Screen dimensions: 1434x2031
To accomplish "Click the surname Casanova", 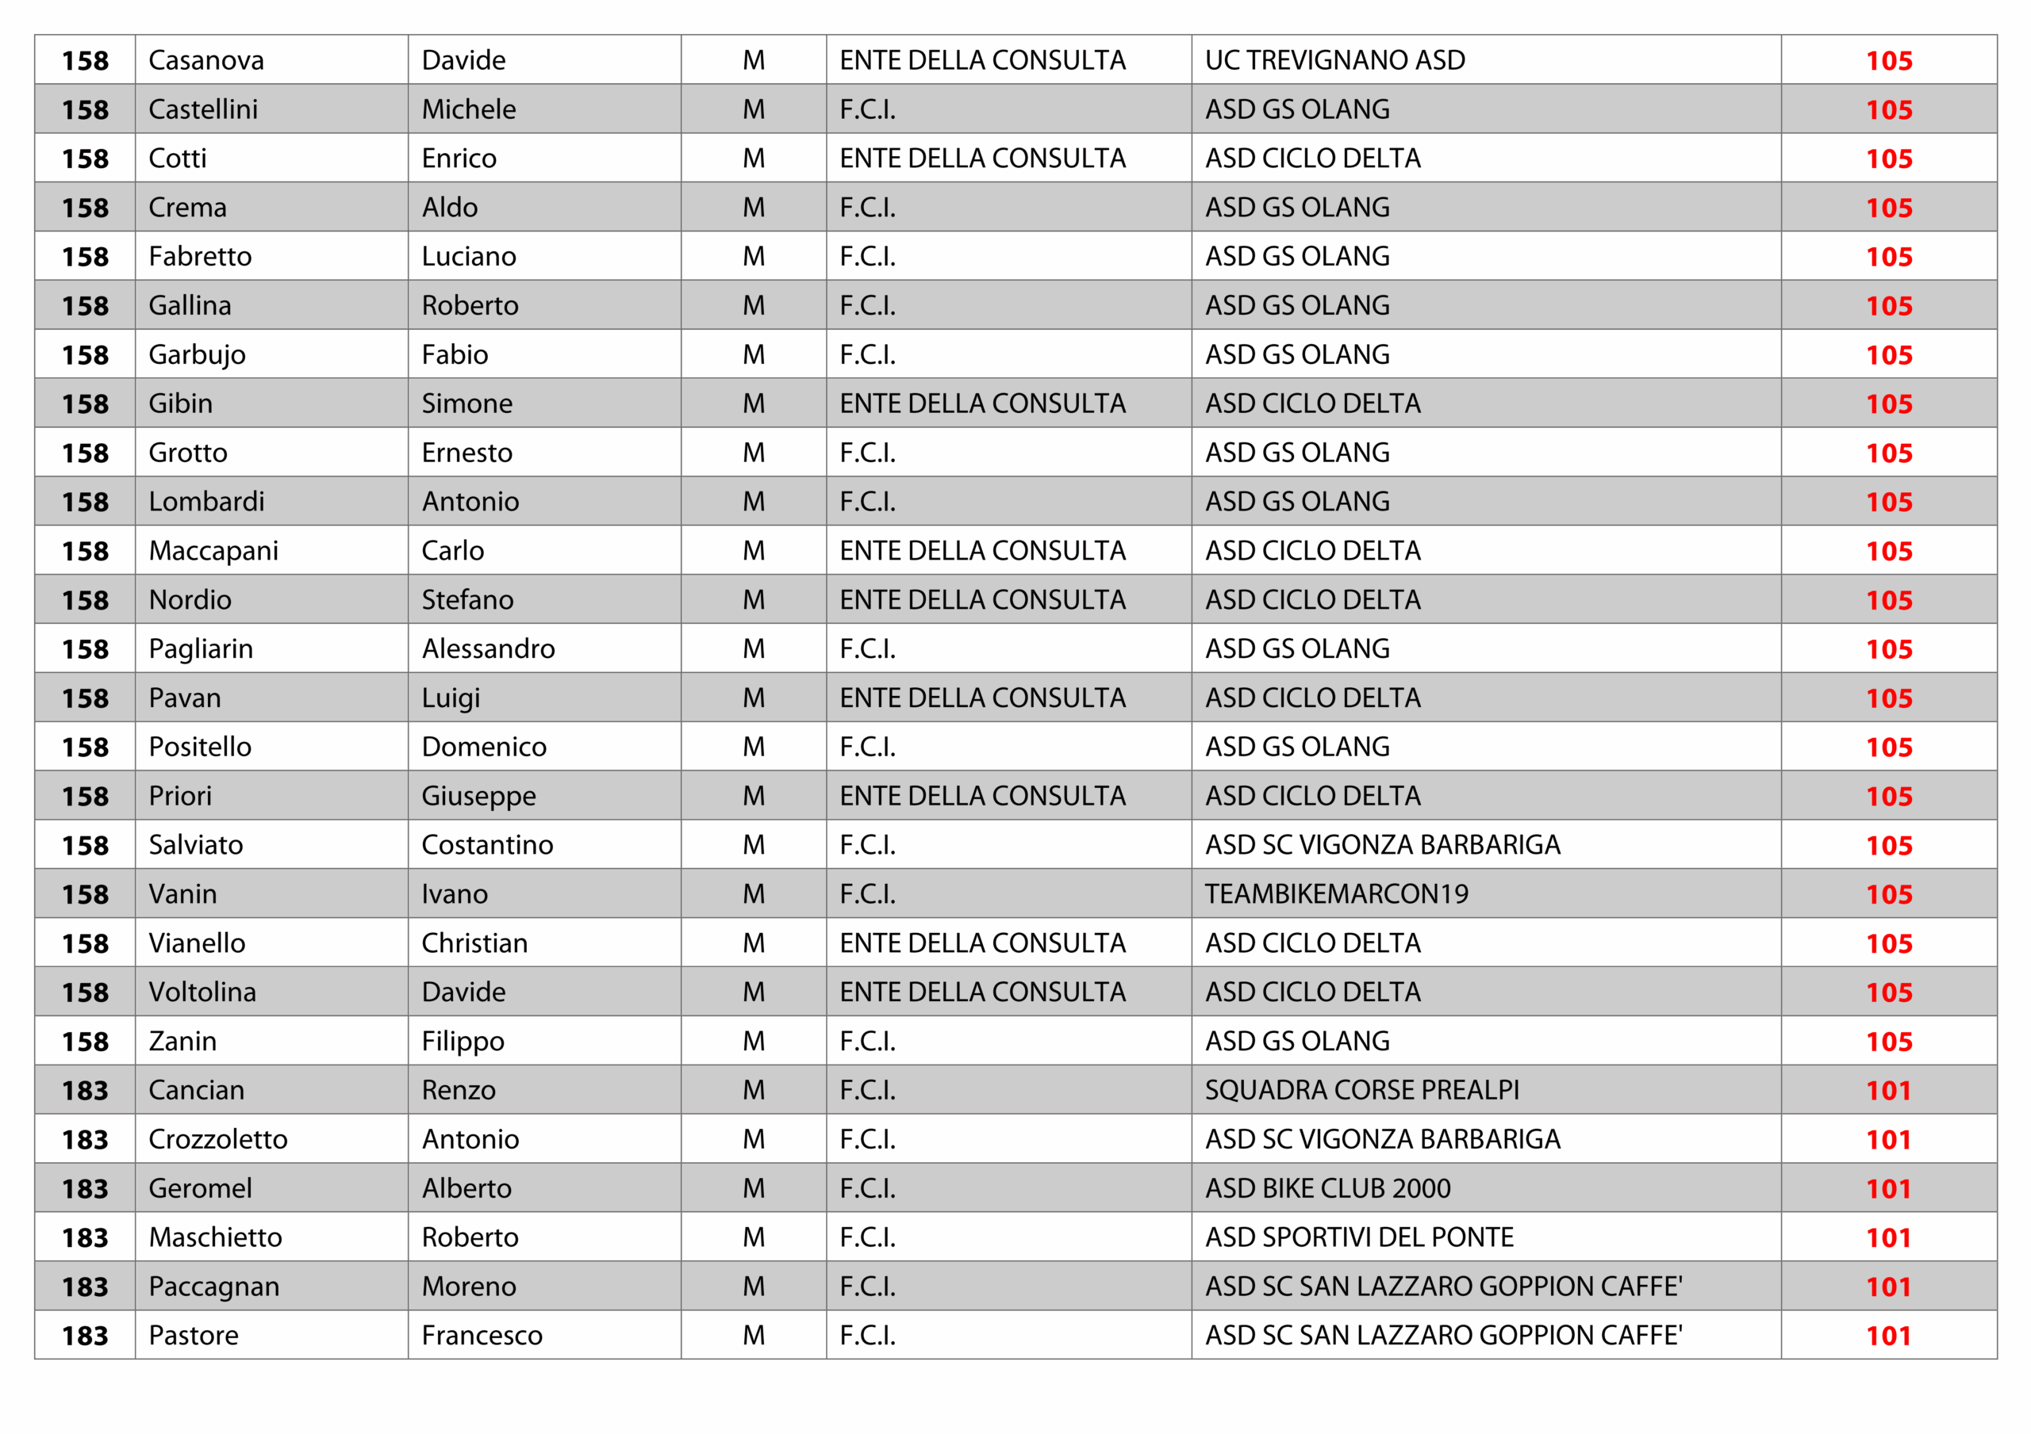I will click(x=206, y=60).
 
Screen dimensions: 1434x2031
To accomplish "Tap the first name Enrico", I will click(x=459, y=159).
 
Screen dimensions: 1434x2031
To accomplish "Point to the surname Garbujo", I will click(x=197, y=354).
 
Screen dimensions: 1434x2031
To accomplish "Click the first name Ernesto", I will click(x=466, y=453).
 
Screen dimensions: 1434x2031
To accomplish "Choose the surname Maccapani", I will click(x=213, y=551).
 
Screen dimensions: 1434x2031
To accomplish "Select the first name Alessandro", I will click(x=487, y=649).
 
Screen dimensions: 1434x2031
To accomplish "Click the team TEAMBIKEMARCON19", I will click(x=1336, y=894).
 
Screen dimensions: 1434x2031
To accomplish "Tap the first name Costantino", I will click(x=486, y=845).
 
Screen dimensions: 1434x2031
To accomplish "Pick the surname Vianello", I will click(x=197, y=943).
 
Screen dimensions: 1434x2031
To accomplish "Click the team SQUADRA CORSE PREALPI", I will click(x=1361, y=1090).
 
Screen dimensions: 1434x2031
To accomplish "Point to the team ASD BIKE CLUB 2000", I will click(x=1326, y=1188).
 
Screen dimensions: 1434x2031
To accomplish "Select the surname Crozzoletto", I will click(x=217, y=1140).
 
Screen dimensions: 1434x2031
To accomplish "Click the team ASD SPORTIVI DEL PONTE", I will click(x=1359, y=1237).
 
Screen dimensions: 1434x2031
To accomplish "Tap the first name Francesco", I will click(x=482, y=1336).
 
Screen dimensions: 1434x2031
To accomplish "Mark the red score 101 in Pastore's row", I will click(x=1887, y=1336).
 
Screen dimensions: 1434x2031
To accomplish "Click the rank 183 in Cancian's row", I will click(x=85, y=1090).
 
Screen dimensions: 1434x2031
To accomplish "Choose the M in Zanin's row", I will click(x=753, y=1042).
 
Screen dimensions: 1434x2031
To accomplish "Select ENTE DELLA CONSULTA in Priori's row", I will click(x=982, y=796).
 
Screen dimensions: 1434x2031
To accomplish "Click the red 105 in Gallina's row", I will click(x=1888, y=306).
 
